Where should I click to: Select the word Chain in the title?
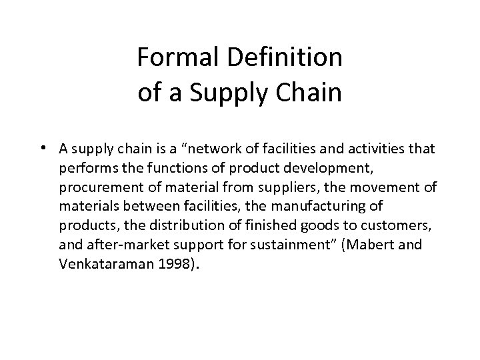pos(310,93)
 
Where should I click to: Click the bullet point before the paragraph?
pos(42,148)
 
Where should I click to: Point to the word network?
pos(223,149)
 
